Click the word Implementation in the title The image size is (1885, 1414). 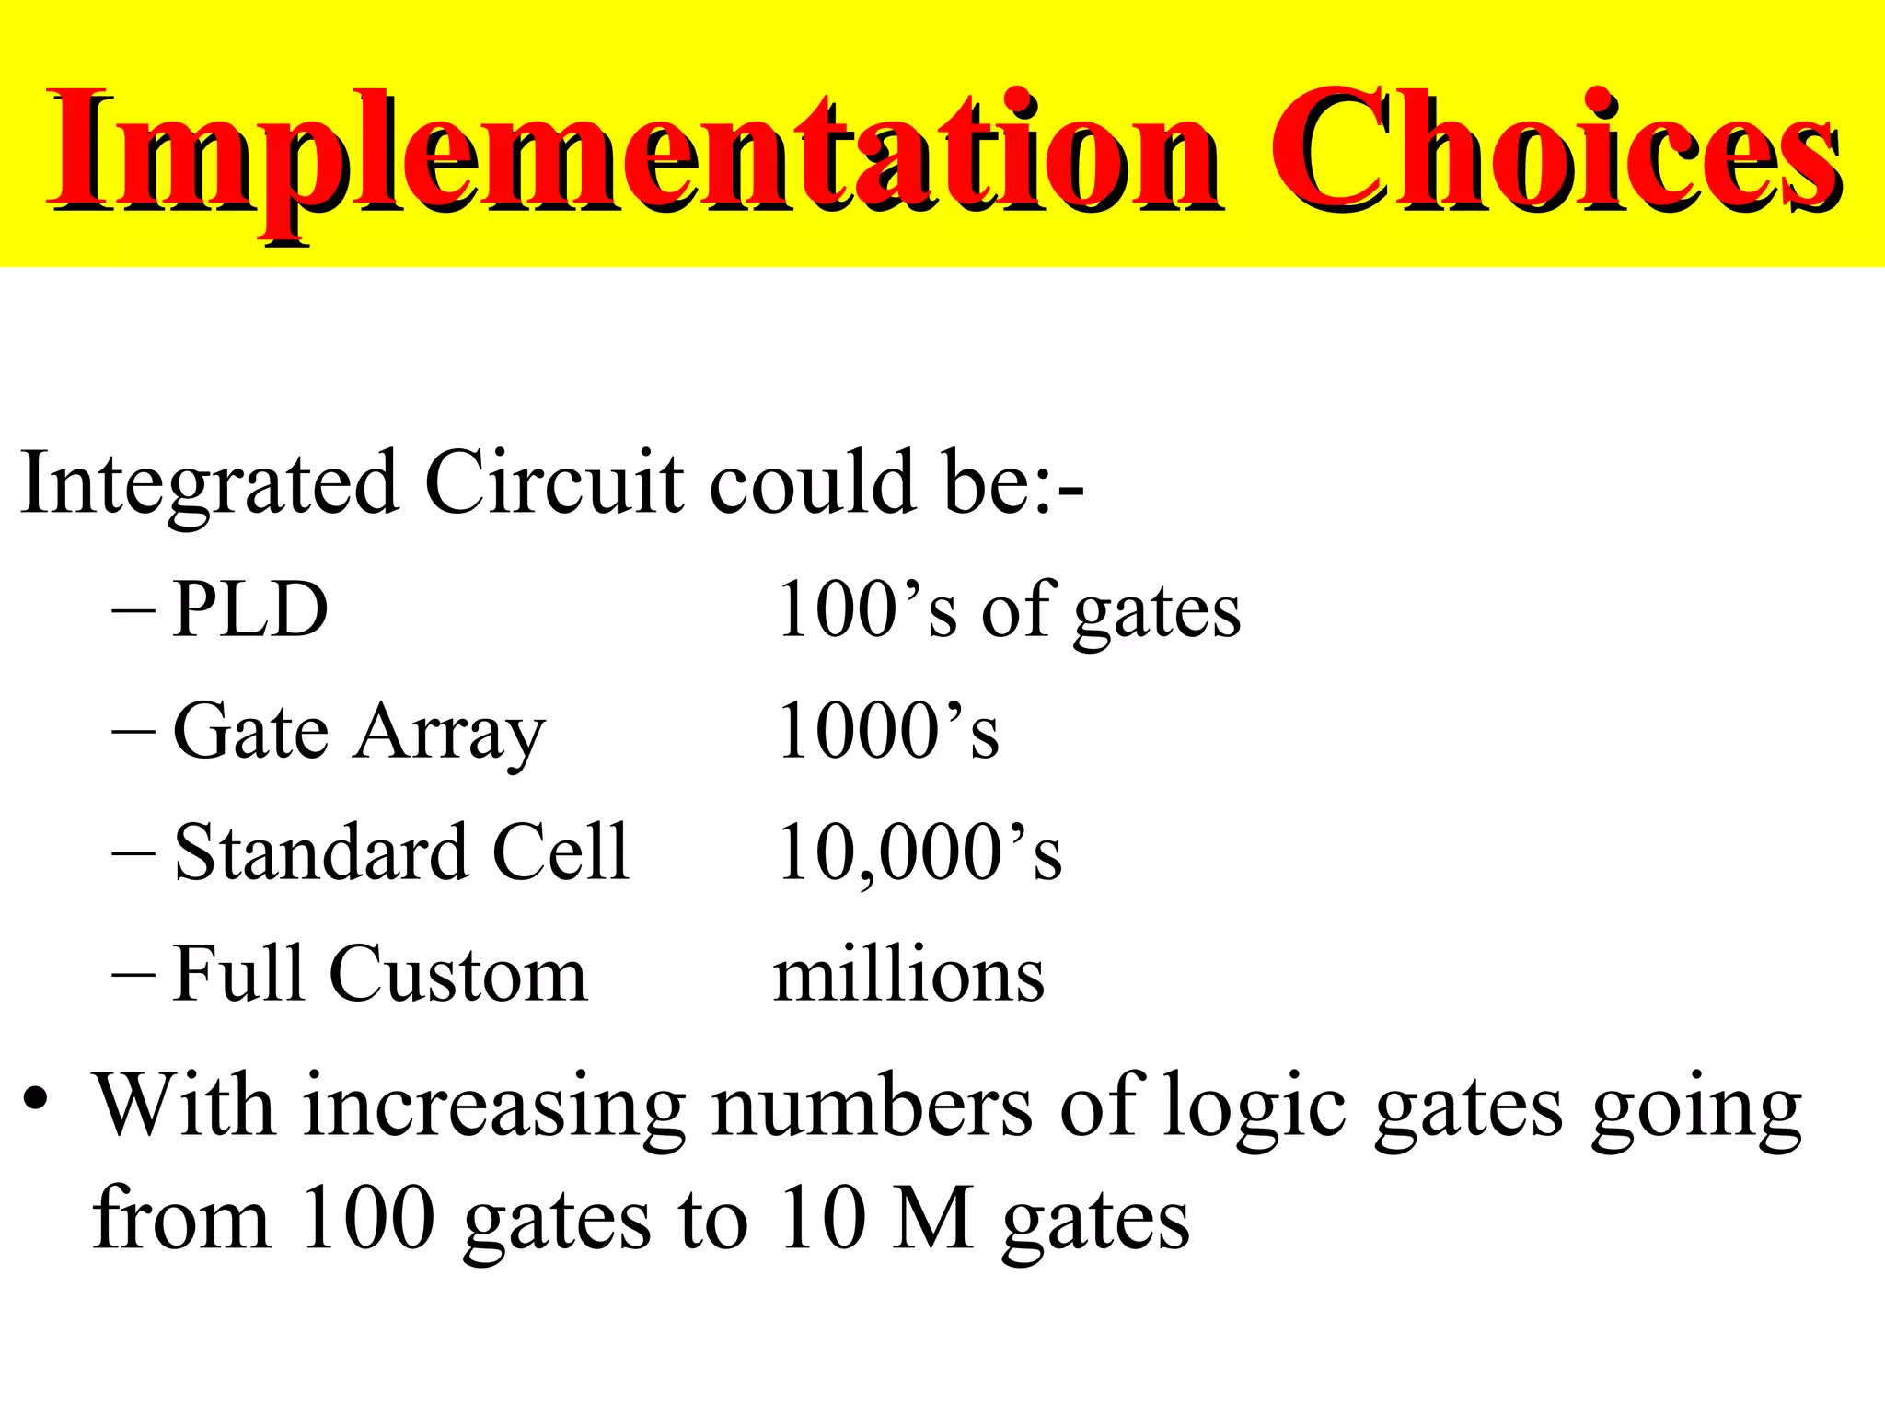[x=635, y=152]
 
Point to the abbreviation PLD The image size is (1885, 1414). [x=250, y=609]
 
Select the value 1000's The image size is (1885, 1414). [x=888, y=731]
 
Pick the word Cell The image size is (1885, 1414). [x=561, y=852]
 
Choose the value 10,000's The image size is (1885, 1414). [x=919, y=852]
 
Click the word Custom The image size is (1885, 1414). [x=457, y=974]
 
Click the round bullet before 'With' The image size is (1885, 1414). [x=36, y=1099]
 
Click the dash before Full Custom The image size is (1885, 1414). [x=133, y=974]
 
